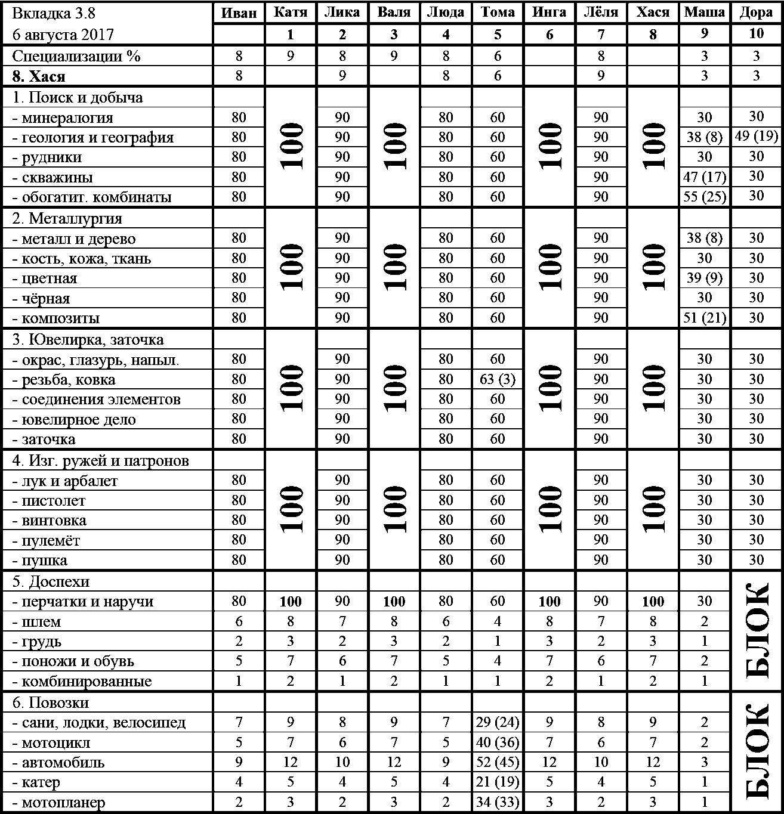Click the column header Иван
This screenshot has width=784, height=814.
click(239, 13)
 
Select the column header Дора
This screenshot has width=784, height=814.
click(756, 13)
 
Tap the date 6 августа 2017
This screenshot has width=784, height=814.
click(63, 35)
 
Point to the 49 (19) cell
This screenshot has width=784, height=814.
click(756, 137)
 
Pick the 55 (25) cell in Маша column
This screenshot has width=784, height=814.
click(705, 197)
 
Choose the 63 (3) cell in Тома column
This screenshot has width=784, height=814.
click(498, 379)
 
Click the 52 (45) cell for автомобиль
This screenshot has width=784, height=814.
click(498, 763)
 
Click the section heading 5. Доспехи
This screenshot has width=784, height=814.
click(51, 581)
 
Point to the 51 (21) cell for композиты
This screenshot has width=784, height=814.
click(705, 318)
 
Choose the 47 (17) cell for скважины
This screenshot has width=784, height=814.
click(705, 177)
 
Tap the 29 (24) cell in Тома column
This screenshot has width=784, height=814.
click(498, 723)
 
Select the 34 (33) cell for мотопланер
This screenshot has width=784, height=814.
click(498, 803)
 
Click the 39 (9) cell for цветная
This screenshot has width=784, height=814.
click(705, 278)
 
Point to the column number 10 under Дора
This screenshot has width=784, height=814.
click(756, 34)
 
